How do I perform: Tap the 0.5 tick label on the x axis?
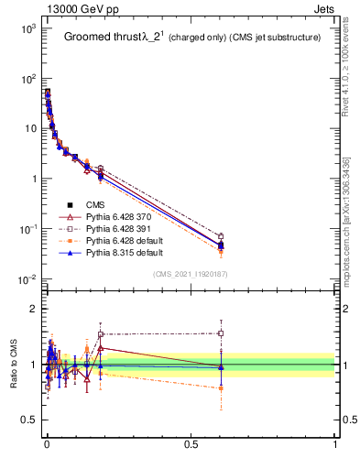pos(191,443)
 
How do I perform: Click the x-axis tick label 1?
pos(335,443)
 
